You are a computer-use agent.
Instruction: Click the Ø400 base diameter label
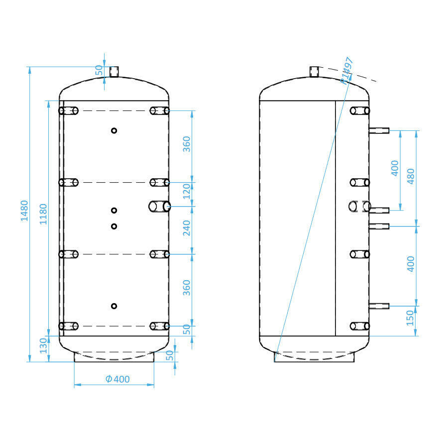point(117,379)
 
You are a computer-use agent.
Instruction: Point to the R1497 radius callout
point(346,70)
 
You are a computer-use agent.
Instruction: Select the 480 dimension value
point(411,176)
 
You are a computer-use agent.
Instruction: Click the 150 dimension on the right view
point(411,318)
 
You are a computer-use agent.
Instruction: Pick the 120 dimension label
point(187,191)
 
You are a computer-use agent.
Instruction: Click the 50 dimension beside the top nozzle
point(99,70)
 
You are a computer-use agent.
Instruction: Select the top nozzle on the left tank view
point(114,72)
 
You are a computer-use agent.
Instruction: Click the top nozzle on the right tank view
point(314,72)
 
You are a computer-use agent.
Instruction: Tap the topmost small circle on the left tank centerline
point(114,130)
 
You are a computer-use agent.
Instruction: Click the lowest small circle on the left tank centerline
point(114,306)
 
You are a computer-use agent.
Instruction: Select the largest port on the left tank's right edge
point(160,206)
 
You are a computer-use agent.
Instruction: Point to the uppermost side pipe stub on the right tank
point(379,131)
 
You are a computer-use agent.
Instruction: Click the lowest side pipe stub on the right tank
point(379,306)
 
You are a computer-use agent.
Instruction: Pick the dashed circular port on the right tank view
point(359,206)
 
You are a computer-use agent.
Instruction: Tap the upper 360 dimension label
point(187,144)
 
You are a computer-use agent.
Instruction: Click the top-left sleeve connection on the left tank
point(69,111)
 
